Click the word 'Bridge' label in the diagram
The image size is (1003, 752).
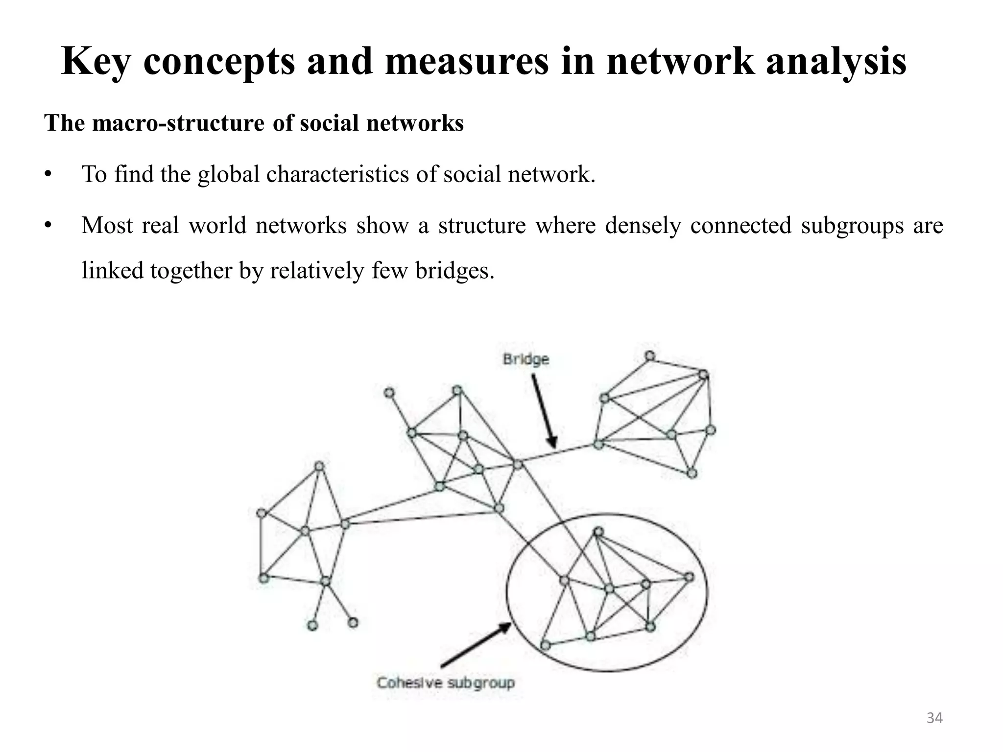point(525,359)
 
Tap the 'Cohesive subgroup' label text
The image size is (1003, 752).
point(446,682)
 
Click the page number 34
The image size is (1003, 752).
point(934,718)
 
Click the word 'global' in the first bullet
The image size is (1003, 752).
point(228,174)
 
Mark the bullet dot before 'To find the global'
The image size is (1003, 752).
point(48,175)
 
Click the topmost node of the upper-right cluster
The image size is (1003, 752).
point(649,356)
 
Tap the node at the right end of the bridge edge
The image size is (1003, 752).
point(598,445)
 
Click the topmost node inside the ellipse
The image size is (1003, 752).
point(598,532)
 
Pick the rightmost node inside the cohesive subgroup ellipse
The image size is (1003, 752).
point(689,577)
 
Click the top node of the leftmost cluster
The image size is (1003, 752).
point(319,466)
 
